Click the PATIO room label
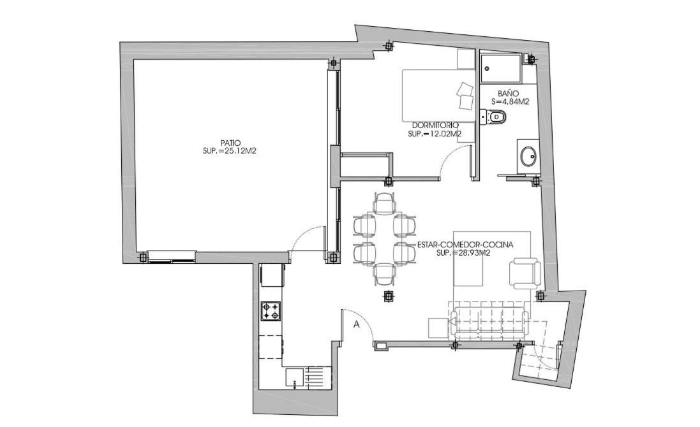pyautogui.click(x=230, y=143)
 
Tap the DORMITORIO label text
pyautogui.click(x=435, y=126)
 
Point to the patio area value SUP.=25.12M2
pyautogui.click(x=230, y=151)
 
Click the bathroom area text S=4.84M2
pyautogui.click(x=510, y=101)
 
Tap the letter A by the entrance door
pyautogui.click(x=357, y=324)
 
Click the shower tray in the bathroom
pyautogui.click(x=501, y=69)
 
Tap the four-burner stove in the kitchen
pyautogui.click(x=271, y=310)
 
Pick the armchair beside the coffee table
pyautogui.click(x=525, y=273)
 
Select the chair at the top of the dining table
pyautogui.click(x=384, y=203)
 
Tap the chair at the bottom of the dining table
pyautogui.click(x=384, y=274)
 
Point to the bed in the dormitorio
pyautogui.click(x=438, y=95)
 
